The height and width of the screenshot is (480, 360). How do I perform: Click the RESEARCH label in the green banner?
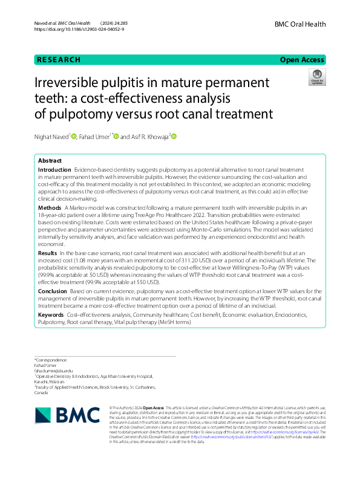pos(58,60)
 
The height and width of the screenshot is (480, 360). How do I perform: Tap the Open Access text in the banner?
pos(303,60)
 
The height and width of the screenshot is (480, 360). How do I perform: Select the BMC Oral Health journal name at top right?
pos(300,24)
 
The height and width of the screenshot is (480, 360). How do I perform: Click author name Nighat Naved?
pos(51,137)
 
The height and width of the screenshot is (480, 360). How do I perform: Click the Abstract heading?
pos(50,161)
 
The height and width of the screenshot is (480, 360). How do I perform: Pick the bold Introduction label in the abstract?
pos(54,172)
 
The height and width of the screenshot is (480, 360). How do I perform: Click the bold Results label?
pos(48,251)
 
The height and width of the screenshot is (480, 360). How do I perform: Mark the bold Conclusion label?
pos(53,291)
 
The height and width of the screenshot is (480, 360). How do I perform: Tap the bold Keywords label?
pos(51,315)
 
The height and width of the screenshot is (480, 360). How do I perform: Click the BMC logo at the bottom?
pos(59,414)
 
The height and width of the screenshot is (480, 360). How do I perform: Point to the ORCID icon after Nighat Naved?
pos(74,137)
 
